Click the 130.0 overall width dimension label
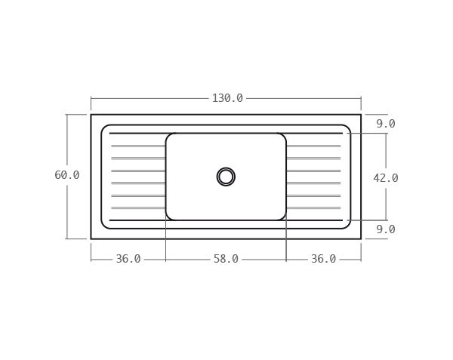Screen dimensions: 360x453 pos(226,98)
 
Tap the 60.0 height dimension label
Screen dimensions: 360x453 pos(66,175)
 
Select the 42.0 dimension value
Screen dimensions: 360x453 pos(385,178)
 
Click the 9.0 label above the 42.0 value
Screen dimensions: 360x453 pos(385,124)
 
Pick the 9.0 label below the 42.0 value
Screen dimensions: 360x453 pos(385,229)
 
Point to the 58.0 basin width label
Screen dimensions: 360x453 pos(226,259)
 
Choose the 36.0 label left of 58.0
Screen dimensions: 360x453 pos(128,259)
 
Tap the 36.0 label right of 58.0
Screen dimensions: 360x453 pos(323,259)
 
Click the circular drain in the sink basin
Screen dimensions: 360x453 pos(226,177)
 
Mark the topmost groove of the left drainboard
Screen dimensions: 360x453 pos(138,146)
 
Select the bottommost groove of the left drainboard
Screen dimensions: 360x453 pos(138,208)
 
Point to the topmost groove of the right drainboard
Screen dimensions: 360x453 pos(313,146)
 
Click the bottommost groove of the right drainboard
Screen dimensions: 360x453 pos(313,208)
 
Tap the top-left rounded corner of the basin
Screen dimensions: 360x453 pos(168,137)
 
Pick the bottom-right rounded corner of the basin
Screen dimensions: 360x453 pos(283,217)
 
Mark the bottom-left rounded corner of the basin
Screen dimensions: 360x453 pos(168,217)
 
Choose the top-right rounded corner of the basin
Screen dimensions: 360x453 pos(283,137)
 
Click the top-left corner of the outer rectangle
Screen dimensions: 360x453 pos(91,115)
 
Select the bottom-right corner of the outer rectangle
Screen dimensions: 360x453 pos(361,238)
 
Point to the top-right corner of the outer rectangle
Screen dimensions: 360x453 pos(361,115)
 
